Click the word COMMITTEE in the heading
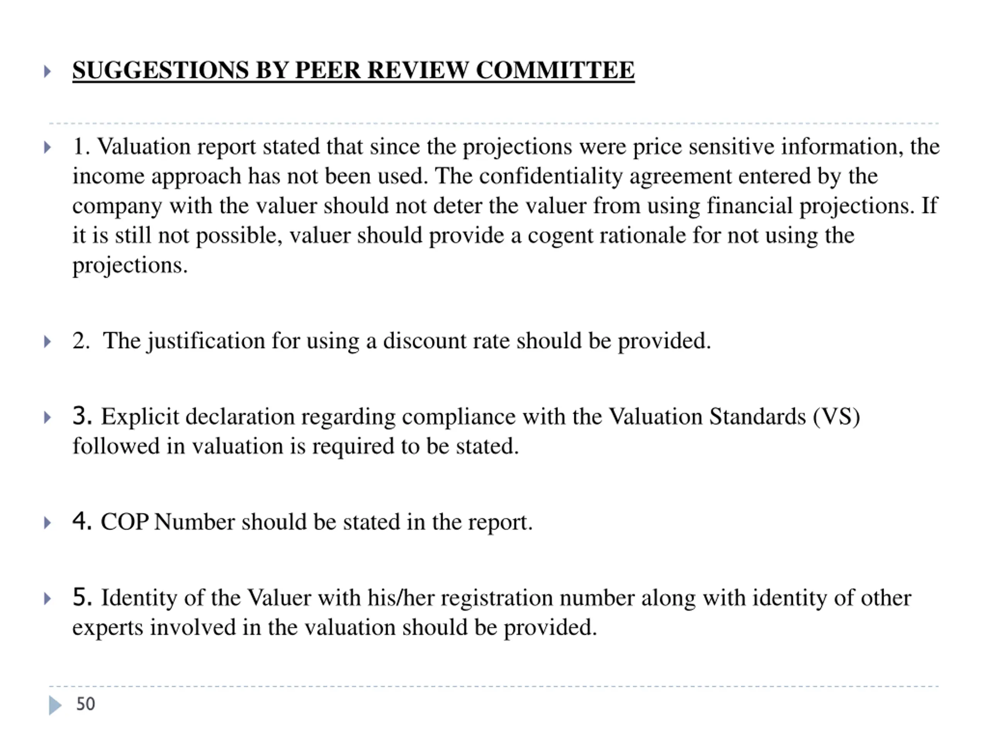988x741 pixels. (555, 70)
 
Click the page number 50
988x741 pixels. (85, 704)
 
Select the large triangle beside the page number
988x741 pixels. (55, 705)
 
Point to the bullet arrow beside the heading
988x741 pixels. (47, 71)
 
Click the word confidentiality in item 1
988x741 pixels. (551, 176)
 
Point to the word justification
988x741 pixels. (206, 342)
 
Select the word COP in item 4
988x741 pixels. (124, 522)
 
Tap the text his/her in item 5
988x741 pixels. (401, 598)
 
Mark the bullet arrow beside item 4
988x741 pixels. (47, 523)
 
